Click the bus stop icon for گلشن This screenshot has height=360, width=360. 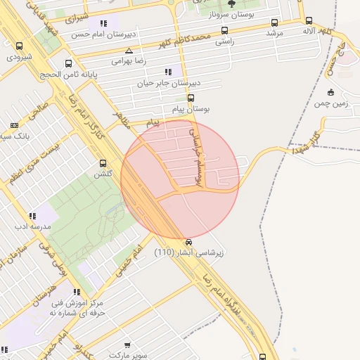[x=103, y=162]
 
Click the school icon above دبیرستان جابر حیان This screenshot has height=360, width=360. [x=167, y=71]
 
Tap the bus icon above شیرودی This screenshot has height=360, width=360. [x=19, y=46]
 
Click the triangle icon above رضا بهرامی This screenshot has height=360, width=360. [x=128, y=51]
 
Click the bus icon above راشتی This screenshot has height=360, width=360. [x=224, y=31]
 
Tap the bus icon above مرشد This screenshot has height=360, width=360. [x=274, y=22]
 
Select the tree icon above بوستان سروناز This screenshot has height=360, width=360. [x=231, y=4]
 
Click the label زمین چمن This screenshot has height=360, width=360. [x=330, y=103]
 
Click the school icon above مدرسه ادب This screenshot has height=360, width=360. [x=32, y=217]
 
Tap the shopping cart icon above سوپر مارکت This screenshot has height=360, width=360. [x=127, y=345]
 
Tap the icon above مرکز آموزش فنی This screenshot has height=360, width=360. [x=76, y=292]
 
